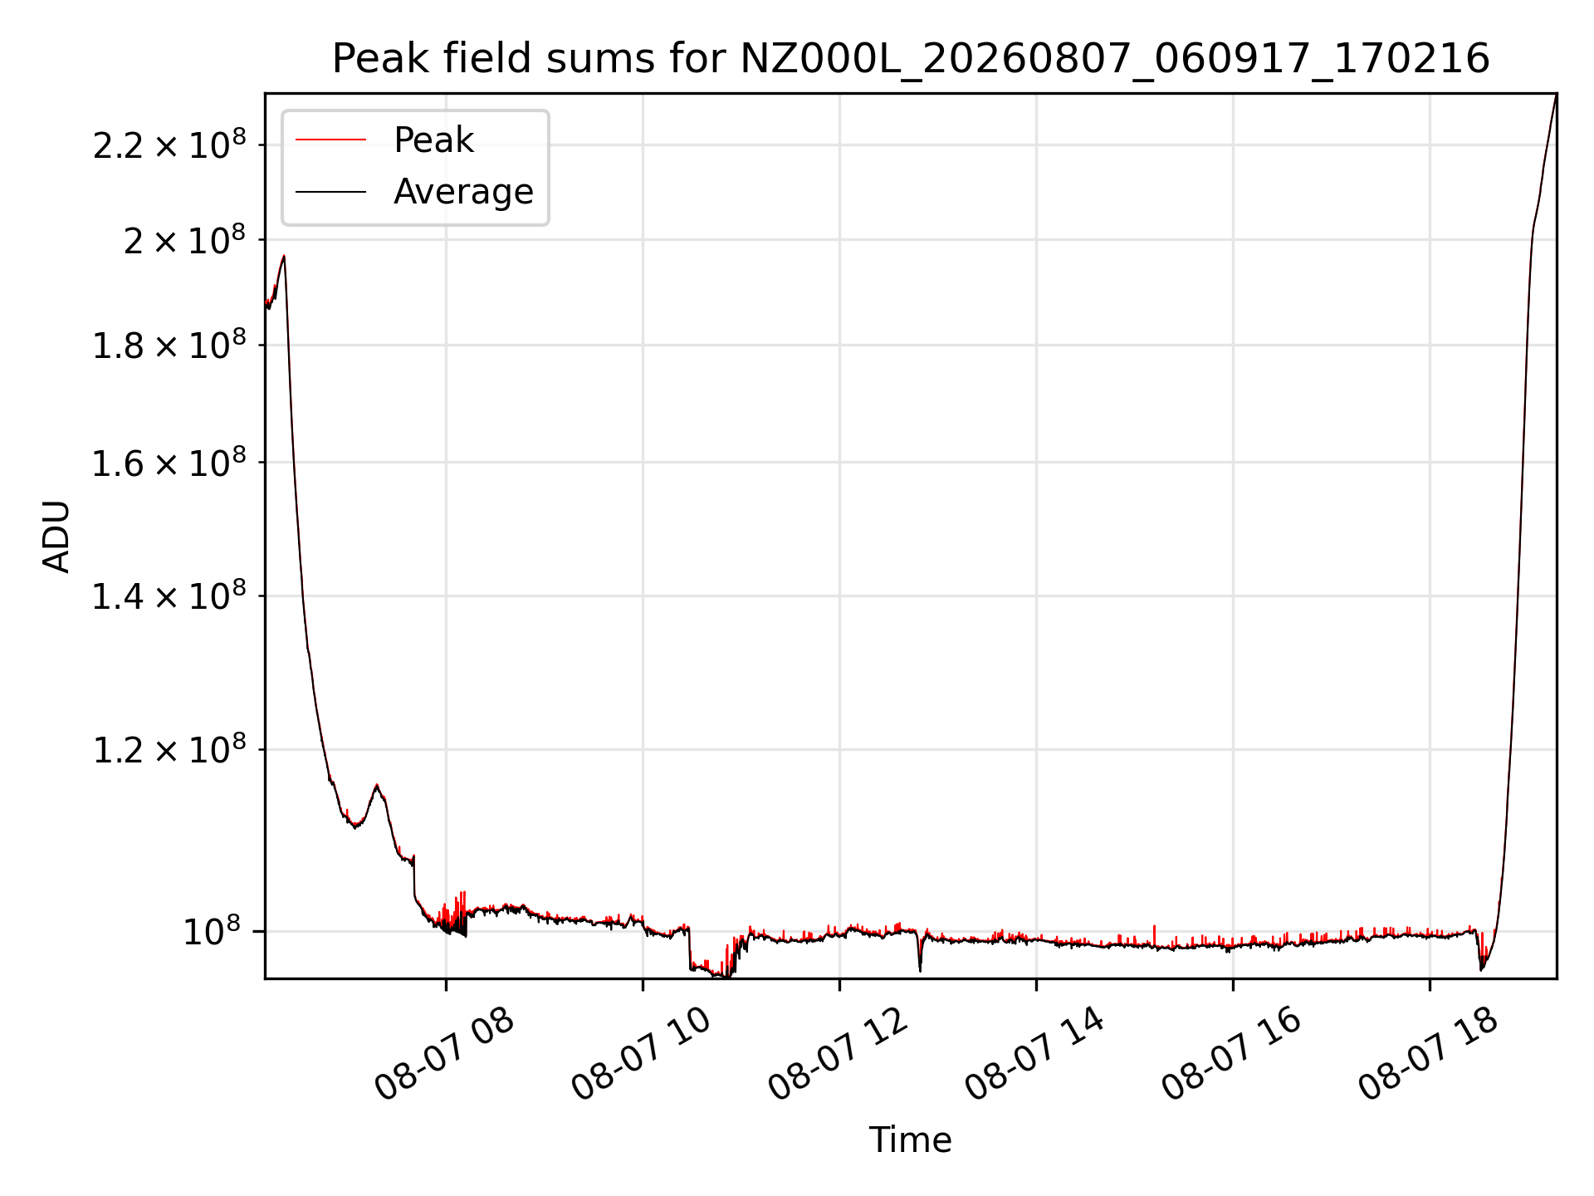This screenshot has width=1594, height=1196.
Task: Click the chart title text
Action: (911, 59)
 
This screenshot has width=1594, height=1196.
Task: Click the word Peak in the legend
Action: (433, 140)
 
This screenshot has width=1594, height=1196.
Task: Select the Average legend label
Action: (463, 192)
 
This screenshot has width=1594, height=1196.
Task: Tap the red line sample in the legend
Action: (330, 140)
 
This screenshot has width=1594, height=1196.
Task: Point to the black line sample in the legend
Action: (330, 192)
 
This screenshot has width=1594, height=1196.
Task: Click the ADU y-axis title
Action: (56, 537)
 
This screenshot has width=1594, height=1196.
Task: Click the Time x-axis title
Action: (910, 1140)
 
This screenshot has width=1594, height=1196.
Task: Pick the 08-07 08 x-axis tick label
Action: (445, 1055)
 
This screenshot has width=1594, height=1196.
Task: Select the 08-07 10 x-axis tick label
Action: (642, 1055)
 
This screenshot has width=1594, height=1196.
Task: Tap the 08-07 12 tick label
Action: (839, 1055)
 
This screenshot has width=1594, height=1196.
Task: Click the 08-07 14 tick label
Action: (1035, 1055)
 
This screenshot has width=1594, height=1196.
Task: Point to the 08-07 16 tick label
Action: (1232, 1055)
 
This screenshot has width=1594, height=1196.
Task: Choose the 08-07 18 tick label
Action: (1429, 1055)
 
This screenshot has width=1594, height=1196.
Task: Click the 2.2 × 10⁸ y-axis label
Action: (169, 145)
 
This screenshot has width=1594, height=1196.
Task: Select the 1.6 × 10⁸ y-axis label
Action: (169, 463)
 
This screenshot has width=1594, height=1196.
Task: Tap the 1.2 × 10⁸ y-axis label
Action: (169, 749)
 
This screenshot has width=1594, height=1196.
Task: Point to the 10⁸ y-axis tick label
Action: (214, 931)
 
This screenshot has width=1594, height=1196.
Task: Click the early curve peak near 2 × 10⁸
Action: (284, 256)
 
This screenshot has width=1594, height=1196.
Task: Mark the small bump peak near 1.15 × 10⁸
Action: (377, 785)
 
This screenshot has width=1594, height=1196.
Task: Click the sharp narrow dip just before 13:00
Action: (920, 968)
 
